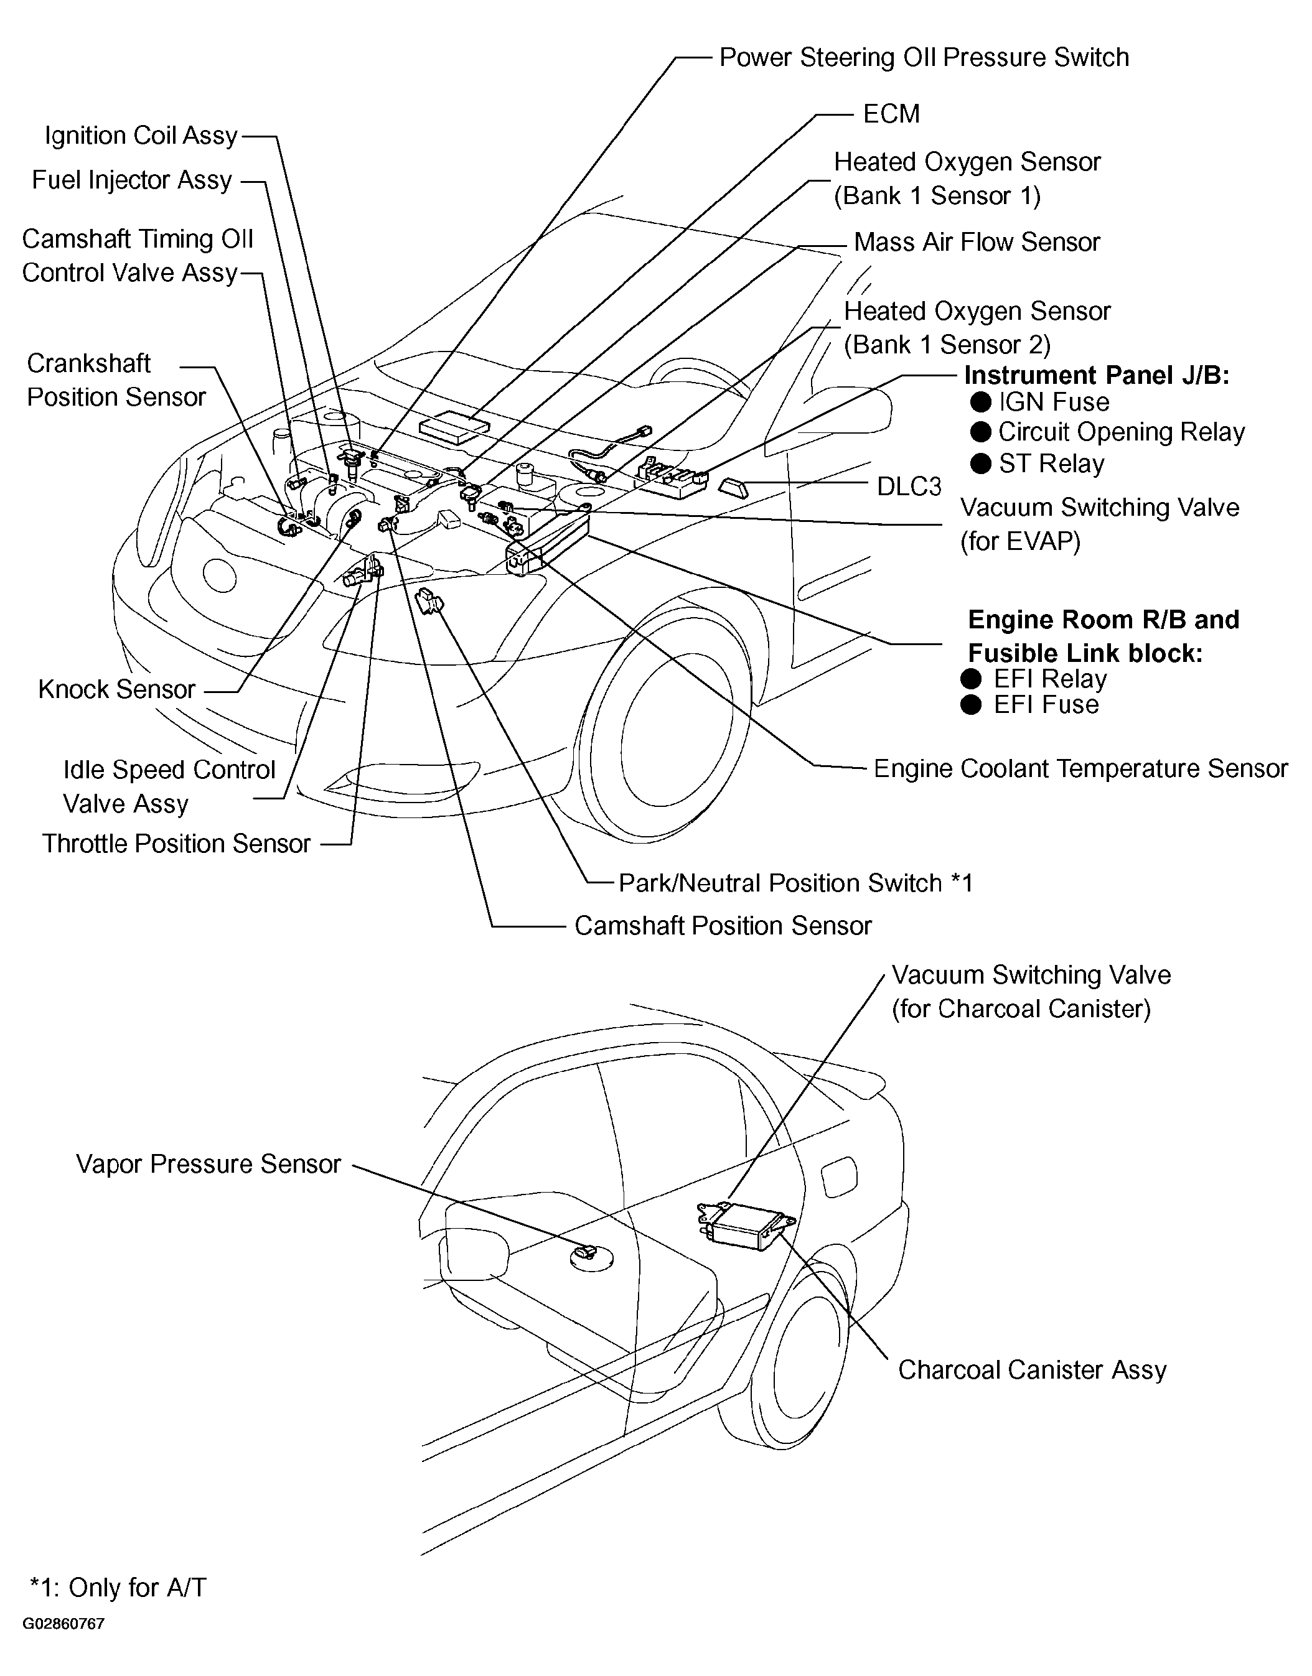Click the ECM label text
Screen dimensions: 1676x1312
891,114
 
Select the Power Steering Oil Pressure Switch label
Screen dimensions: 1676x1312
923,58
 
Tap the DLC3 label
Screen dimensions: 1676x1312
909,487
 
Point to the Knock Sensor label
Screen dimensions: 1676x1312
117,689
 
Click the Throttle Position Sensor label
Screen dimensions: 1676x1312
176,844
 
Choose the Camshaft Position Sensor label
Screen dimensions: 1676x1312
723,926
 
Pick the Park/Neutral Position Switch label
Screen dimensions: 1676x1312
795,883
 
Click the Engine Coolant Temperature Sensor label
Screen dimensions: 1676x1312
1080,768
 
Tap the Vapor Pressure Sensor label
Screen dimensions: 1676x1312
208,1164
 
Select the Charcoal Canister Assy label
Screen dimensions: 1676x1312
1032,1370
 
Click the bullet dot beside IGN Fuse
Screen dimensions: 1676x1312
980,403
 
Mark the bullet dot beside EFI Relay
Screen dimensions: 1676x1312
971,679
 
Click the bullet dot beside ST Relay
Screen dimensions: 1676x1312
980,463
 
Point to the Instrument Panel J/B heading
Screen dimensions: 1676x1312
1096,375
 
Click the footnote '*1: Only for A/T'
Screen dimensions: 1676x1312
118,1588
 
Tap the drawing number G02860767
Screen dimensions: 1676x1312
63,1624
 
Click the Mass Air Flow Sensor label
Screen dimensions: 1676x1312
977,243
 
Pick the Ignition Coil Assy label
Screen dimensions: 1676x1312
141,136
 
